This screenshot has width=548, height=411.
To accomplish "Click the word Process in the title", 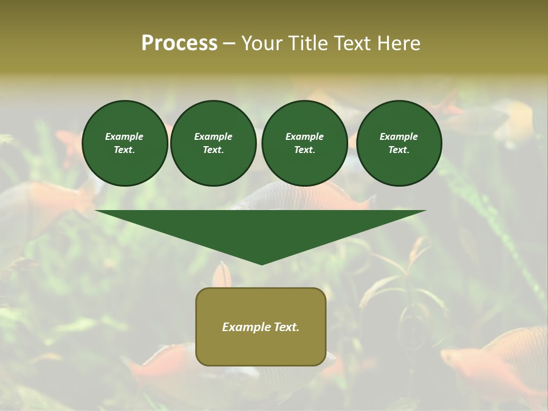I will (179, 43).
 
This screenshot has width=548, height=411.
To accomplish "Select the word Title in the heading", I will (309, 43).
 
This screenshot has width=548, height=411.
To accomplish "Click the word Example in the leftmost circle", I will (124, 136).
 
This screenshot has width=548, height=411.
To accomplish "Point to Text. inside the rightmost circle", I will (398, 150).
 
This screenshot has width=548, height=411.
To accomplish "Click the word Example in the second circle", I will (213, 136).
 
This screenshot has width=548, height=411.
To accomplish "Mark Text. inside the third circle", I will (304, 150).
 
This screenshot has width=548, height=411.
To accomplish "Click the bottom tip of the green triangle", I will (261, 263).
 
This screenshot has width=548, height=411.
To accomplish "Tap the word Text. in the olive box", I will (286, 327).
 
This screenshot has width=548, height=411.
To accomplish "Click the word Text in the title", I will (353, 43).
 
